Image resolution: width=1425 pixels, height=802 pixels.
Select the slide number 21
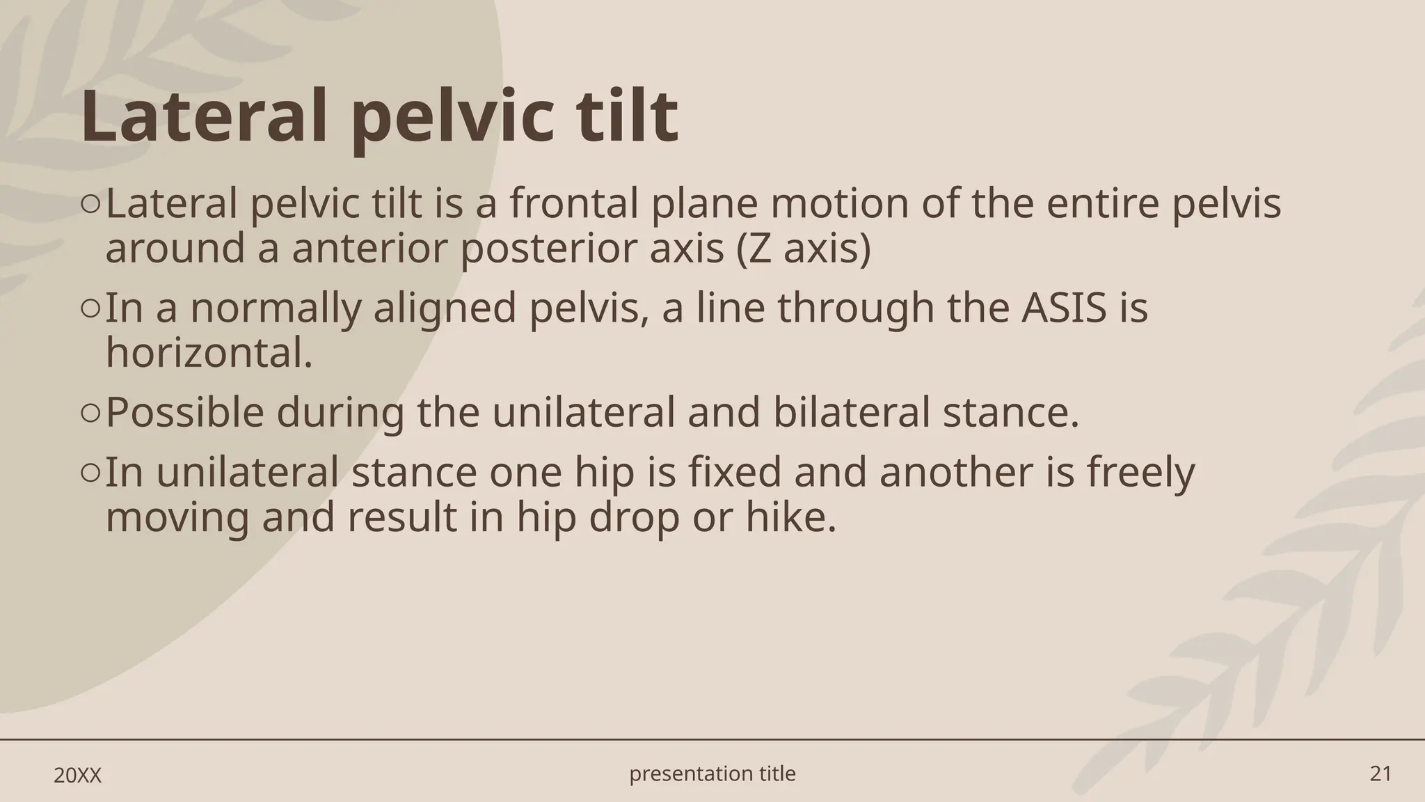coord(1380,773)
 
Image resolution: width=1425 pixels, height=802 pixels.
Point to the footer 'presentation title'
coord(712,773)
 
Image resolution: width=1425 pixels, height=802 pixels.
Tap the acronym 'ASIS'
coord(1064,308)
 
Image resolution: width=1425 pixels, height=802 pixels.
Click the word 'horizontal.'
coord(209,352)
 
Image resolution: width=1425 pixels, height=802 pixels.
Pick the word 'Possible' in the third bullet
coord(184,412)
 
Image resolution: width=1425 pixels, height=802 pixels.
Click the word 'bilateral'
coord(851,412)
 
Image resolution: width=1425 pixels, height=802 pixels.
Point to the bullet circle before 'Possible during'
coord(90,414)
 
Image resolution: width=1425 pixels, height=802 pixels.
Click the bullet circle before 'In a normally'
coord(90,308)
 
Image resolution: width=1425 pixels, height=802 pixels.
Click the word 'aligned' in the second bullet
coord(445,308)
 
